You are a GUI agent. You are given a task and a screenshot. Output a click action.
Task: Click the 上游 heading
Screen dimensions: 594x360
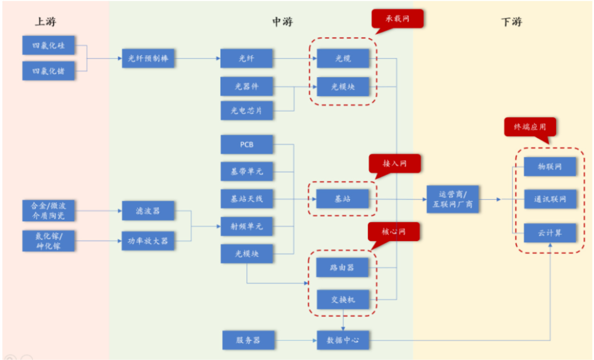pyautogui.click(x=45, y=21)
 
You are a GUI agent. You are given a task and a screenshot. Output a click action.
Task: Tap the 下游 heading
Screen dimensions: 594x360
pyautogui.click(x=511, y=21)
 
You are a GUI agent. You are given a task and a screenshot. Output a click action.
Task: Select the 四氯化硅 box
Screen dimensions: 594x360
pyautogui.click(x=48, y=45)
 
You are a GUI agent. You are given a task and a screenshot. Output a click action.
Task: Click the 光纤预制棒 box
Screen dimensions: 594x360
pyautogui.click(x=148, y=58)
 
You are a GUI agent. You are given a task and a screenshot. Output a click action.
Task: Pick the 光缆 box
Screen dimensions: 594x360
pyautogui.click(x=343, y=58)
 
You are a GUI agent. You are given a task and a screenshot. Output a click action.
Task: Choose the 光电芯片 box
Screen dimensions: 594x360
pyautogui.click(x=247, y=110)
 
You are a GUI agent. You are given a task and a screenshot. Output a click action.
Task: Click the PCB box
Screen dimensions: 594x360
pyautogui.click(x=247, y=145)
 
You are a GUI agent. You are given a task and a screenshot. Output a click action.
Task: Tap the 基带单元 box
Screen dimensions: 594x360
pyautogui.click(x=247, y=171)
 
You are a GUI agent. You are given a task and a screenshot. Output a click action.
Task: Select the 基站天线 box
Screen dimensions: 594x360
pyautogui.click(x=247, y=199)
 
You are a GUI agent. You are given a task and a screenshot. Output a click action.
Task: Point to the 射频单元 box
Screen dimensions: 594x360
pyautogui.click(x=247, y=226)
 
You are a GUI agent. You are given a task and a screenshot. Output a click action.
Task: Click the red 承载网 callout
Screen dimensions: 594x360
pyautogui.click(x=397, y=19)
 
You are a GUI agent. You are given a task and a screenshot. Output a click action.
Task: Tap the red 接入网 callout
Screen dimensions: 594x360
pyautogui.click(x=395, y=164)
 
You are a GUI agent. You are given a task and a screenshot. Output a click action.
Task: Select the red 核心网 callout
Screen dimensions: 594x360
pyautogui.click(x=394, y=232)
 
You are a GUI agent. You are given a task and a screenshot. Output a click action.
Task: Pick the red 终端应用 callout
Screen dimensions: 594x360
pyautogui.click(x=530, y=127)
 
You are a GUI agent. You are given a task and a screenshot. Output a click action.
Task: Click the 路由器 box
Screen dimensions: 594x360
pyautogui.click(x=342, y=267)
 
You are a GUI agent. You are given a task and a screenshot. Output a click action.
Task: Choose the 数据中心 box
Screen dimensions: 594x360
pyautogui.click(x=343, y=340)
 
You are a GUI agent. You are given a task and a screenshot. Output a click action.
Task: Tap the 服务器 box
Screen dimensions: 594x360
pyautogui.click(x=248, y=340)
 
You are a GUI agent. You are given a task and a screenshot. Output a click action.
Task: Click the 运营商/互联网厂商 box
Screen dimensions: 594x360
pyautogui.click(x=453, y=199)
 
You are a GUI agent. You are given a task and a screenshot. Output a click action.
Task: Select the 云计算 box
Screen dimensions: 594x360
pyautogui.click(x=550, y=233)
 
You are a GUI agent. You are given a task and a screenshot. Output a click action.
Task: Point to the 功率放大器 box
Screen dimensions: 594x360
pyautogui.click(x=148, y=241)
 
